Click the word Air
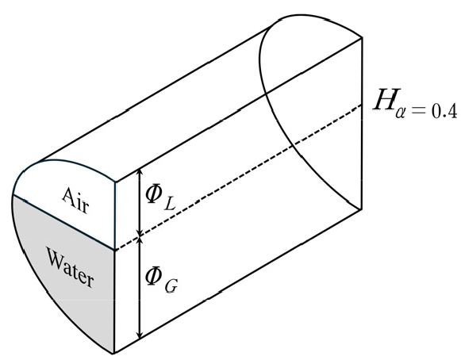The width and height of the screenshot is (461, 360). (x=75, y=200)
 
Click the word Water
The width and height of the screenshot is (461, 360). (x=71, y=268)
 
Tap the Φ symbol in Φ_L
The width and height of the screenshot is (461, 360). (x=154, y=193)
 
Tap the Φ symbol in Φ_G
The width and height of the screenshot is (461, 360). (x=154, y=276)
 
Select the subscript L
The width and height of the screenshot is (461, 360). (x=170, y=204)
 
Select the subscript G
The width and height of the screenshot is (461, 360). (x=171, y=286)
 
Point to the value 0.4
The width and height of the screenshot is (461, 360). (x=444, y=112)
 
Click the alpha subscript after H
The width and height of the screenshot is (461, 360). (x=401, y=113)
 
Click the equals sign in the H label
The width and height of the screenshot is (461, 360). (x=419, y=110)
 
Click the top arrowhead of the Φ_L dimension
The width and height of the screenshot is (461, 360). (x=140, y=172)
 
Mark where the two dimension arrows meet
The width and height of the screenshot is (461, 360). (x=140, y=236)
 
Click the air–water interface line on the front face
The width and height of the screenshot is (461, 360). (x=63, y=223)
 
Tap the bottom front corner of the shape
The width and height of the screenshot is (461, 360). (x=114, y=353)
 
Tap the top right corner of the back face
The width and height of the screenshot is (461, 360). (x=361, y=38)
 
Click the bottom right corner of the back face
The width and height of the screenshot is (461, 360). (x=361, y=209)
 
